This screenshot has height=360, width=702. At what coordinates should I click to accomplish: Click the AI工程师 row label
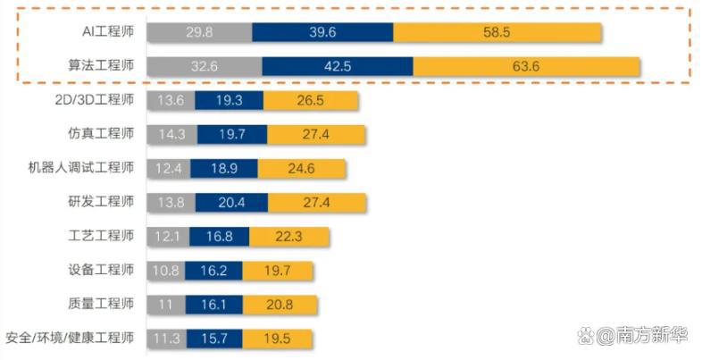(106, 31)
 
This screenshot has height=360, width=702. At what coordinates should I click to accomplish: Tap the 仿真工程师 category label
(101, 134)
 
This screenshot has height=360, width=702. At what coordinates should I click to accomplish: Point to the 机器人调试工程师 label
(81, 168)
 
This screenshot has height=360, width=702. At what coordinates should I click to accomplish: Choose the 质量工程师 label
(101, 304)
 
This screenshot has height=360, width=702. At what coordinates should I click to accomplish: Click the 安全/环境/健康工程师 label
(70, 338)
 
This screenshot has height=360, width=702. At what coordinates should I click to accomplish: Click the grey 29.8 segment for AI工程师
(199, 31)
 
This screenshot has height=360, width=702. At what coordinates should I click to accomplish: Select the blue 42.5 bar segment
(338, 66)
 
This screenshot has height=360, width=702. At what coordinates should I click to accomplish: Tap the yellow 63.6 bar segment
(527, 66)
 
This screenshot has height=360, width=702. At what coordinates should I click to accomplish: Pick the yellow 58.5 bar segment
(497, 31)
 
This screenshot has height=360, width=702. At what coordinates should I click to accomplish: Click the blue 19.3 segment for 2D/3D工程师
(229, 100)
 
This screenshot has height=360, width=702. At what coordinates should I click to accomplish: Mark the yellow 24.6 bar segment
(302, 168)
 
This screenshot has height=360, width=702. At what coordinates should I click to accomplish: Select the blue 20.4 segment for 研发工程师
(230, 202)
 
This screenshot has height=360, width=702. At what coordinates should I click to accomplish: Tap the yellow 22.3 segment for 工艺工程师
(289, 236)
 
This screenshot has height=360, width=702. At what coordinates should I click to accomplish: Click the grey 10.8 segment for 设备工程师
(166, 270)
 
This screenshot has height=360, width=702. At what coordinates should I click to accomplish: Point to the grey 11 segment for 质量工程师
(165, 304)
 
